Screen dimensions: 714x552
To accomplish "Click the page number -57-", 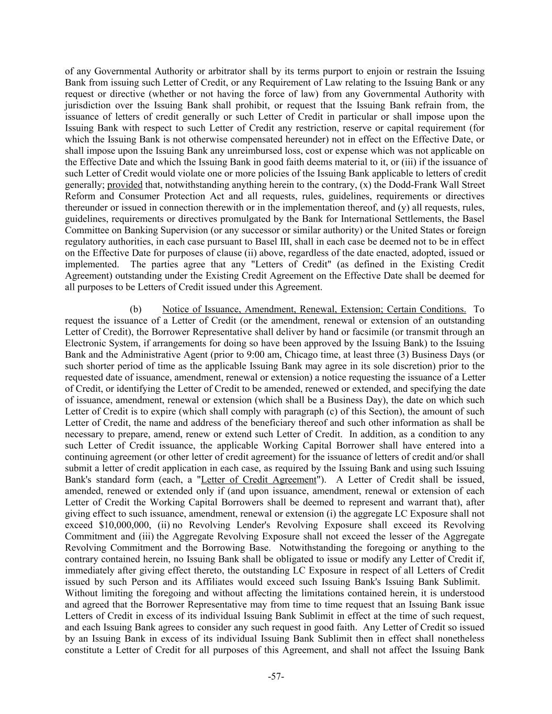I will click(x=276, y=677).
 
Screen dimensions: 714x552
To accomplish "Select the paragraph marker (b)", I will click(x=136, y=309).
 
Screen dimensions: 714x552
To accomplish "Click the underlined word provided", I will click(x=125, y=185).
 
